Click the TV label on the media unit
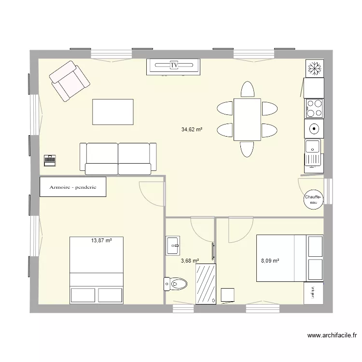[x=174, y=64]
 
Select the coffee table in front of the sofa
[x=112, y=112]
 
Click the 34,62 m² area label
[x=192, y=129]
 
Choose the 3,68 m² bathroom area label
[x=190, y=261]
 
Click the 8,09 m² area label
[x=270, y=261]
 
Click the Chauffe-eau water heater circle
[x=313, y=199]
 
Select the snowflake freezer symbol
[x=314, y=69]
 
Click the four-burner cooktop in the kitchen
[x=314, y=108]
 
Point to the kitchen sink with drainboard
[x=313, y=152]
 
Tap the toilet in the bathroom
[x=173, y=284]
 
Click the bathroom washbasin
[x=172, y=245]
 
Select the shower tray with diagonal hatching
[x=205, y=284]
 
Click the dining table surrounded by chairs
[x=247, y=119]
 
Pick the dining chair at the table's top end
[x=247, y=89]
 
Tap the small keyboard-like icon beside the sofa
[x=50, y=160]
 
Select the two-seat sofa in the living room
[x=118, y=158]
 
